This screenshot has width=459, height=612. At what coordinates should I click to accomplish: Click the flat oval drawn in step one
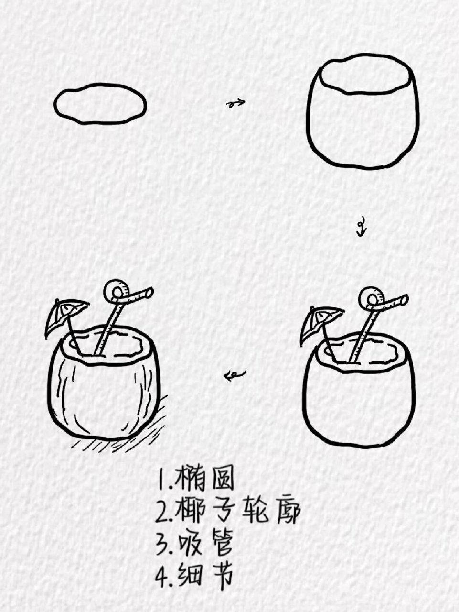[100, 103]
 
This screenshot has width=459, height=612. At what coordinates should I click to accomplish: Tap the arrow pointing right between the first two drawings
[235, 102]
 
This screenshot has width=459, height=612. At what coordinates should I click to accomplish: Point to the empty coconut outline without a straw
[363, 113]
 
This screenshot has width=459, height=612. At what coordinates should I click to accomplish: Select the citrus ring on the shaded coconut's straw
[115, 291]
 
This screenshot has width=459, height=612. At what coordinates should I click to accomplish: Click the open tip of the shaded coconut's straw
[149, 291]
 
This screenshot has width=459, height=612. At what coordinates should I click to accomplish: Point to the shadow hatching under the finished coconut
[119, 437]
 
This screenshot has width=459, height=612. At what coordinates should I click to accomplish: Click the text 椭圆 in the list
[205, 479]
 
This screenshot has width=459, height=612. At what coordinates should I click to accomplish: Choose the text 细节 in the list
[206, 575]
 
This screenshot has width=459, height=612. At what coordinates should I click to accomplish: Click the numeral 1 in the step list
[162, 480]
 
